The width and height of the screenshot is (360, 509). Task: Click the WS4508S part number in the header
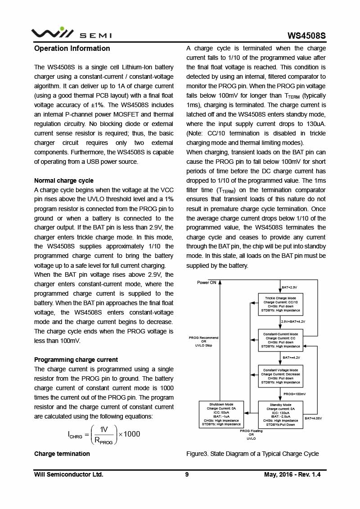(x=307, y=36)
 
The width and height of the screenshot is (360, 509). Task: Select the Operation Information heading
(x=72, y=48)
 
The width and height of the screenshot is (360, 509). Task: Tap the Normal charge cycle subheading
(x=64, y=180)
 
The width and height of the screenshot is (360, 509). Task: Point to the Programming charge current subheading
(x=76, y=360)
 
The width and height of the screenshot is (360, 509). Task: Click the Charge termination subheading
(x=62, y=454)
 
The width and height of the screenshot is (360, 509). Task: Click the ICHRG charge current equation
(x=104, y=434)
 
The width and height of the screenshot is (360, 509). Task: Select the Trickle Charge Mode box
(x=280, y=304)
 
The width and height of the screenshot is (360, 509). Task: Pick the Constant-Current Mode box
(x=280, y=340)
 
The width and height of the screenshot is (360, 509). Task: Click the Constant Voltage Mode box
(x=280, y=376)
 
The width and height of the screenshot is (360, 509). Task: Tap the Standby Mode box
(x=280, y=414)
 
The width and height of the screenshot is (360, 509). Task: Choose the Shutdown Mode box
(x=221, y=414)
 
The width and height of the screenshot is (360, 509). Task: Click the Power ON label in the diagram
(x=207, y=283)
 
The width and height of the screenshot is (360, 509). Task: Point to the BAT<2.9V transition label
(x=289, y=287)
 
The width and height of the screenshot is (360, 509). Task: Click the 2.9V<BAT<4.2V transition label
(x=293, y=321)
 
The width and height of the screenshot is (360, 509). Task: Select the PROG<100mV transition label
(x=294, y=394)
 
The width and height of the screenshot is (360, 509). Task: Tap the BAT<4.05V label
(x=313, y=419)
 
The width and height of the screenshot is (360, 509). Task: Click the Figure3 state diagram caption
(x=252, y=454)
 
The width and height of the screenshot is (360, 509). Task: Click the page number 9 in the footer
(x=187, y=474)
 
